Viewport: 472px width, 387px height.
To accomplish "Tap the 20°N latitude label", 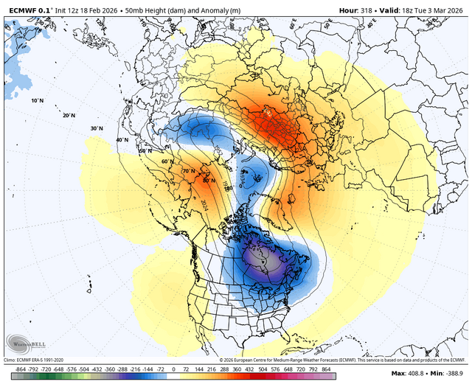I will click(x=69, y=116).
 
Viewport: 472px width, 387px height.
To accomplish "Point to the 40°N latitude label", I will click(x=122, y=140).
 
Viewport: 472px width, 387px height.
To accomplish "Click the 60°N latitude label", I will click(x=167, y=161).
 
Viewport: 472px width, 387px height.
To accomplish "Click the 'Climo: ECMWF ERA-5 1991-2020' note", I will click(x=38, y=358).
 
